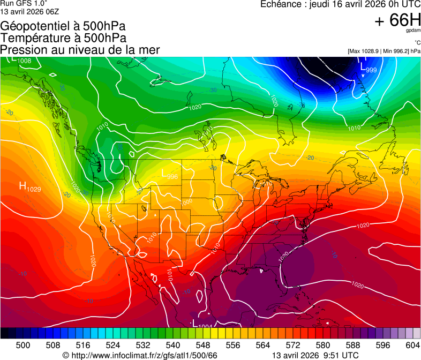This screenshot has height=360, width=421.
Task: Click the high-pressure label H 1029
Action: click(29, 187)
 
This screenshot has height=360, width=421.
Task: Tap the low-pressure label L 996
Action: click(169, 174)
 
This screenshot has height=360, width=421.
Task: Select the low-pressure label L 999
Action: click(369, 69)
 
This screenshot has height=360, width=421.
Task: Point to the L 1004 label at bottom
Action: click(201, 324)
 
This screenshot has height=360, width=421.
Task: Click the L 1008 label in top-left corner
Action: click(20, 60)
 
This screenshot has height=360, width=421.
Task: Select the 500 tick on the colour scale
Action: click(23, 344)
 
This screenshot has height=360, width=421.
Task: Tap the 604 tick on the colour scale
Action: click(412, 344)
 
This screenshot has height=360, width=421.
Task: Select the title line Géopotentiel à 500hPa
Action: click(63, 26)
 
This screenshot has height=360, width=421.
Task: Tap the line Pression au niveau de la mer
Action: click(80, 50)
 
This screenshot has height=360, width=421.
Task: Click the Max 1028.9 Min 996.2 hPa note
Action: click(384, 51)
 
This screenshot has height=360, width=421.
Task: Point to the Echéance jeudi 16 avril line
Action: click(340, 4)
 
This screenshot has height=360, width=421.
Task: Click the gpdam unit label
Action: click(413, 31)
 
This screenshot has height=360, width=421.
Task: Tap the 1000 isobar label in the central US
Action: click(186, 202)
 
